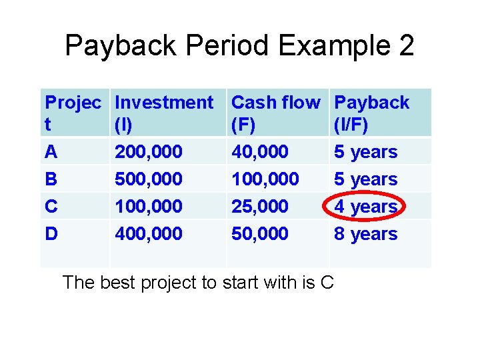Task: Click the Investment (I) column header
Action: point(163,112)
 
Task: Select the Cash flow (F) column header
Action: point(275,112)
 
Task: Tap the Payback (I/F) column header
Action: point(371,112)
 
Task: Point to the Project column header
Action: point(73,112)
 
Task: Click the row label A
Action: point(51,152)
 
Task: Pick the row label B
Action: point(51,179)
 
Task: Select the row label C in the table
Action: point(51,207)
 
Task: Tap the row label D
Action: point(51,234)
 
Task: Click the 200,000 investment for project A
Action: point(149,152)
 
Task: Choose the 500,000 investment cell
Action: point(149,179)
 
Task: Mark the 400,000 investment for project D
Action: point(149,234)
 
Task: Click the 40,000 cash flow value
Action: point(260,152)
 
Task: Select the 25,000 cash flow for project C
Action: point(260,207)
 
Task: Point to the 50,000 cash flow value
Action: point(260,234)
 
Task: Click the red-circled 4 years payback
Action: point(365,207)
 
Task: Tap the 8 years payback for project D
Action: point(365,234)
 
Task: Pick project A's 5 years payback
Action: point(365,152)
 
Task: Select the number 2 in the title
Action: point(405,46)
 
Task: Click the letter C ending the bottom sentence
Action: point(327,283)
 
